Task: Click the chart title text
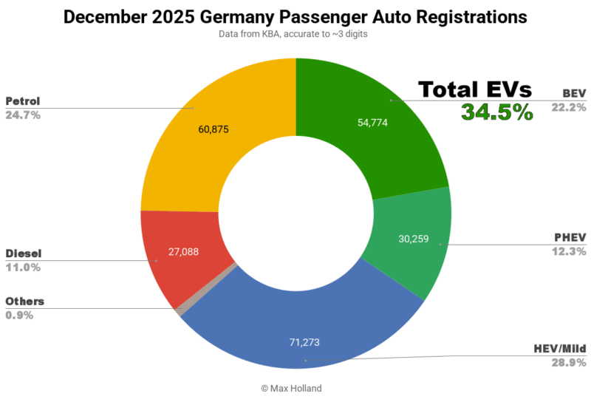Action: (x=295, y=17)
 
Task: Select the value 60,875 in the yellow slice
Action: (x=213, y=129)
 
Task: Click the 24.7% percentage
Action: (x=23, y=115)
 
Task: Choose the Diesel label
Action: (x=24, y=253)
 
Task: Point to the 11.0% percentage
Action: (x=23, y=268)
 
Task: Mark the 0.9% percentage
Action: (x=19, y=315)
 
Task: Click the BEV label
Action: (x=573, y=93)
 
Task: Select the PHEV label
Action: (x=570, y=237)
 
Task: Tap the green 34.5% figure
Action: (x=496, y=112)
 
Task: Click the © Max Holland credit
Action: (x=295, y=388)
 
